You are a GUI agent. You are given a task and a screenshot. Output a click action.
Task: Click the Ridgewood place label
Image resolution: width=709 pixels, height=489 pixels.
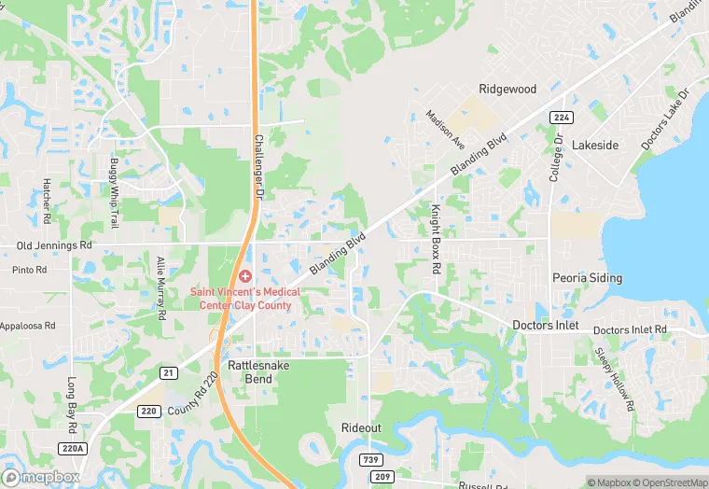(x=507, y=89)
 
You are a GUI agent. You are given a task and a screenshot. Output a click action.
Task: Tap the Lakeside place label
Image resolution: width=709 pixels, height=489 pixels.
(x=594, y=146)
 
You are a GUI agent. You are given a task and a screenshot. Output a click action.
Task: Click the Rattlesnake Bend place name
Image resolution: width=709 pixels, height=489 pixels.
(x=258, y=372)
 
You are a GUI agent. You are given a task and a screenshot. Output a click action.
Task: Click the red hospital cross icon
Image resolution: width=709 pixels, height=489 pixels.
(x=245, y=275)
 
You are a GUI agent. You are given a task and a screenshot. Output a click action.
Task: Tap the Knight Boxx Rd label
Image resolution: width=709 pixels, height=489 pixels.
(x=435, y=239)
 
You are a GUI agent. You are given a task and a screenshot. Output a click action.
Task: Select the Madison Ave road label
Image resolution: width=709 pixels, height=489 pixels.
(x=445, y=130)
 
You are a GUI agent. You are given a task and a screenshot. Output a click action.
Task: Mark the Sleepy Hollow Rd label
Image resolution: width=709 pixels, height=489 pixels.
(x=616, y=380)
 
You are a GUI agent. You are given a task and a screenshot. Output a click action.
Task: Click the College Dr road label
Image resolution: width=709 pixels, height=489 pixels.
(x=557, y=158)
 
